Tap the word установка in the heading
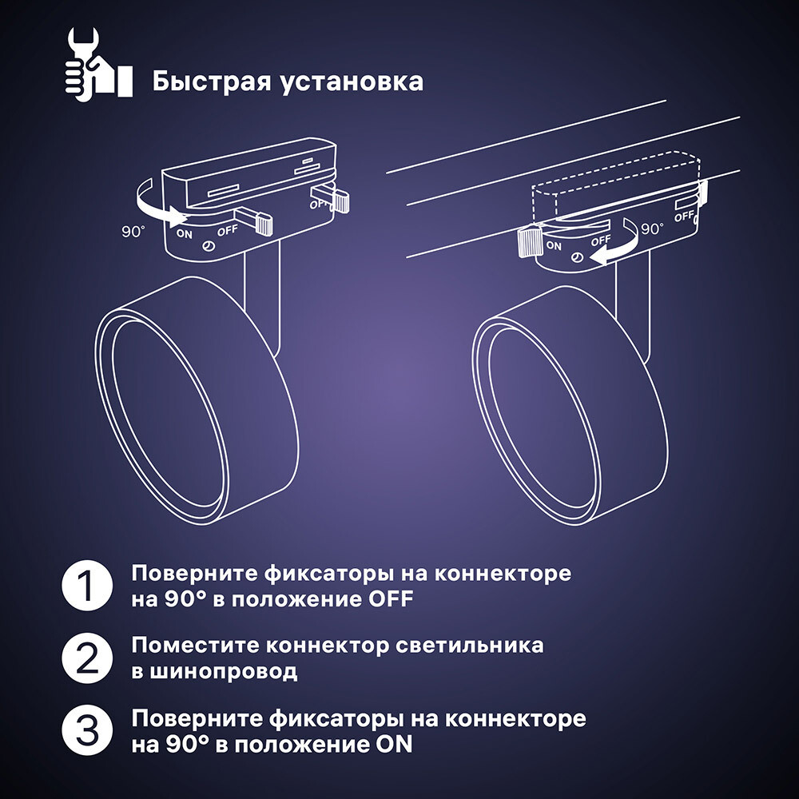point(352,81)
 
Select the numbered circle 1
point(84,586)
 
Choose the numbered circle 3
point(84,730)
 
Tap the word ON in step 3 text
point(394,745)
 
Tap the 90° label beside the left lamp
point(133,232)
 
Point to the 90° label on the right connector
point(653,229)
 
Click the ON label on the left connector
point(185,234)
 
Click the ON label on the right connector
point(554,246)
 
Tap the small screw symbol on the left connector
point(209,248)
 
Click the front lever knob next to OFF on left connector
point(261,222)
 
